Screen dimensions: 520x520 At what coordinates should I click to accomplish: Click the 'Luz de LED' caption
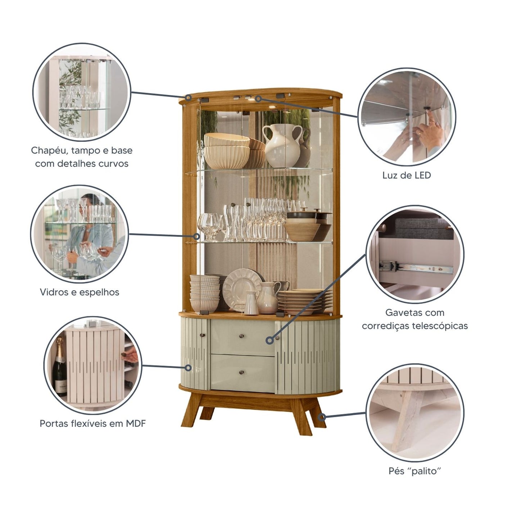coord(406,175)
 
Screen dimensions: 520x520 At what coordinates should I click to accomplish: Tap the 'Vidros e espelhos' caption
coord(80,292)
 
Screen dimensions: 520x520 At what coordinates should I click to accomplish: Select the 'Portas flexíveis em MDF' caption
coord(92,424)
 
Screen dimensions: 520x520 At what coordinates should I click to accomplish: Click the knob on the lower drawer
coord(241,373)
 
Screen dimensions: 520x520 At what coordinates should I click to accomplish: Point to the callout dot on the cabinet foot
coord(321,417)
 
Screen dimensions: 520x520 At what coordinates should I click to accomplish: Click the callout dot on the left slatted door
coord(188,368)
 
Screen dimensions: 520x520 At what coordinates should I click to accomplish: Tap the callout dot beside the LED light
coord(258,99)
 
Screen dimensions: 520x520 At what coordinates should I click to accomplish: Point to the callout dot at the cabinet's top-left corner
coord(188,98)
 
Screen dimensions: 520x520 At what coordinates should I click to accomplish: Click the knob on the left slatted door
coord(202,335)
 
